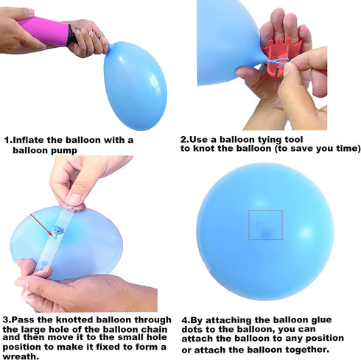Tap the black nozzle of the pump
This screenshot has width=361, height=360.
[x=71, y=35]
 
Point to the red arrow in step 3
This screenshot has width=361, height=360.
[x=41, y=225]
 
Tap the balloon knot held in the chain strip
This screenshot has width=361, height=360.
[x=57, y=231]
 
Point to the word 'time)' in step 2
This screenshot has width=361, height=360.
[x=348, y=149]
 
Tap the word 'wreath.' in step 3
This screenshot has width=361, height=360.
[x=21, y=356]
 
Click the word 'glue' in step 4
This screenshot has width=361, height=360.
[x=321, y=320]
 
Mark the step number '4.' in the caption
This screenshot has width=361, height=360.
[x=186, y=320]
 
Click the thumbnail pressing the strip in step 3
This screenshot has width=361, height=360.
[x=74, y=200]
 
